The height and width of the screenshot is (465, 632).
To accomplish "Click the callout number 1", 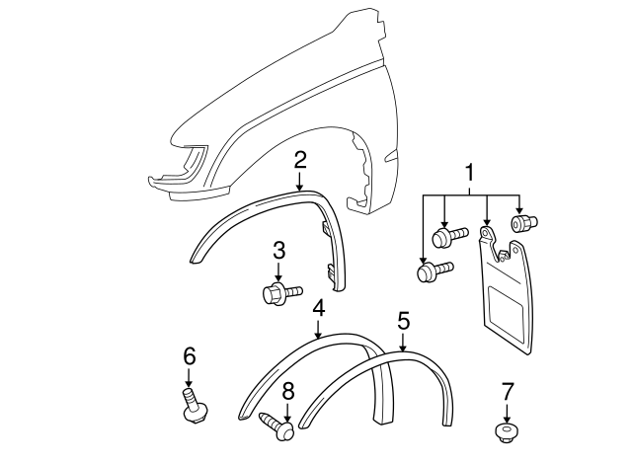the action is (x=470, y=173).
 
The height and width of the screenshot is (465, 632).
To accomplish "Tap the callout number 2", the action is (x=300, y=160).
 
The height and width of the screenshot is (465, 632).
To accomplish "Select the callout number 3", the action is (x=278, y=250).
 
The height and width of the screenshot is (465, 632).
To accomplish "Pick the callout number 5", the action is (x=404, y=321).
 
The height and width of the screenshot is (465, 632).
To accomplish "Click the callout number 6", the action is (x=190, y=356).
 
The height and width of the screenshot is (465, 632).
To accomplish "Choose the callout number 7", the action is (x=508, y=392).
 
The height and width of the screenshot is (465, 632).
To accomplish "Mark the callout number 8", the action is (x=287, y=392).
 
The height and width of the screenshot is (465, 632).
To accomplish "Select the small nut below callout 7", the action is (x=506, y=432).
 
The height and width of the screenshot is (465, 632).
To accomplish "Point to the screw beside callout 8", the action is (x=277, y=426).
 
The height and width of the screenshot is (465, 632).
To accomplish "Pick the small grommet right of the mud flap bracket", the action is (x=524, y=223).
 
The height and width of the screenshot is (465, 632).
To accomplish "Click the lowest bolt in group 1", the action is (x=435, y=271).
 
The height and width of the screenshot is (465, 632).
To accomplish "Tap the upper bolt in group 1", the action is (x=450, y=237).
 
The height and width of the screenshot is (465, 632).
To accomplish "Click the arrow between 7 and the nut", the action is (x=507, y=412).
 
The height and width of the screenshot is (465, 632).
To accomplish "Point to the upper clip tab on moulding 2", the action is (x=326, y=228).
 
